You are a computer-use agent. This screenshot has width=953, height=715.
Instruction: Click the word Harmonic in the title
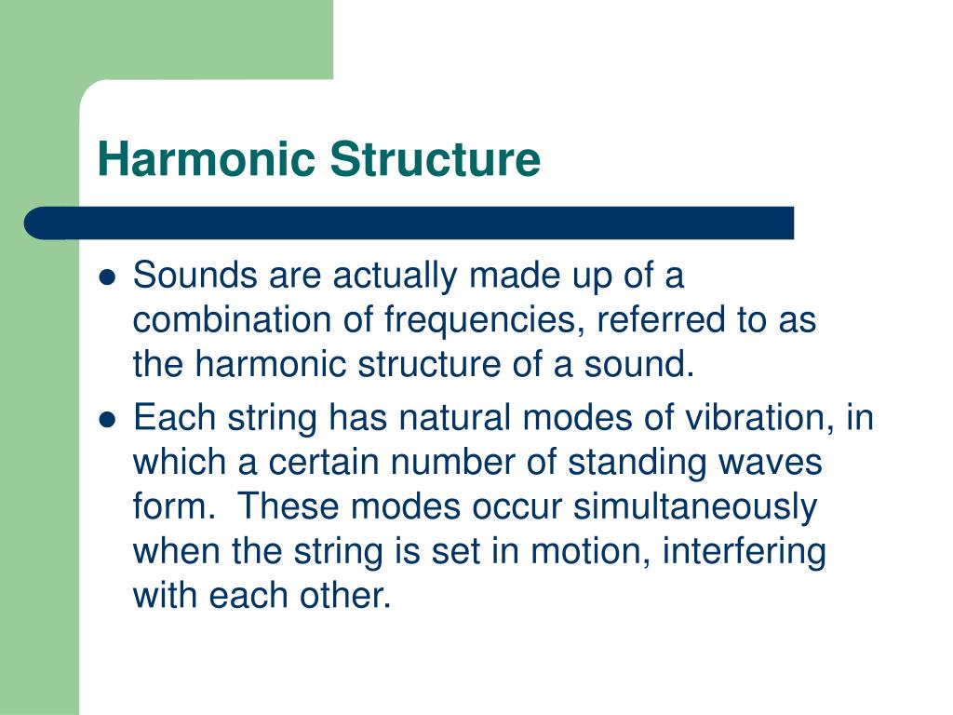(206, 159)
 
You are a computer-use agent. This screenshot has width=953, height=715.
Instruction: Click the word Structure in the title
(436, 159)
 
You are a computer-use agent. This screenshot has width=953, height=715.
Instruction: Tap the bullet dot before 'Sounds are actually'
(107, 277)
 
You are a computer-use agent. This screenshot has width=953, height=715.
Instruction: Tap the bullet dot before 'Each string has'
(107, 420)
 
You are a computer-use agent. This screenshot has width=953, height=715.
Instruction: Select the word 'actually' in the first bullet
(395, 276)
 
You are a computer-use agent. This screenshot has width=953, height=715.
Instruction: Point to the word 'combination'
(232, 320)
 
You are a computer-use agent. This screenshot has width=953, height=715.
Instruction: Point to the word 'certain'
(323, 463)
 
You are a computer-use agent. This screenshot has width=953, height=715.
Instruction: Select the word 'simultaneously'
(695, 508)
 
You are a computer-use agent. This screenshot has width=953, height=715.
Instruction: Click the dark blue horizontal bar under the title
(409, 223)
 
